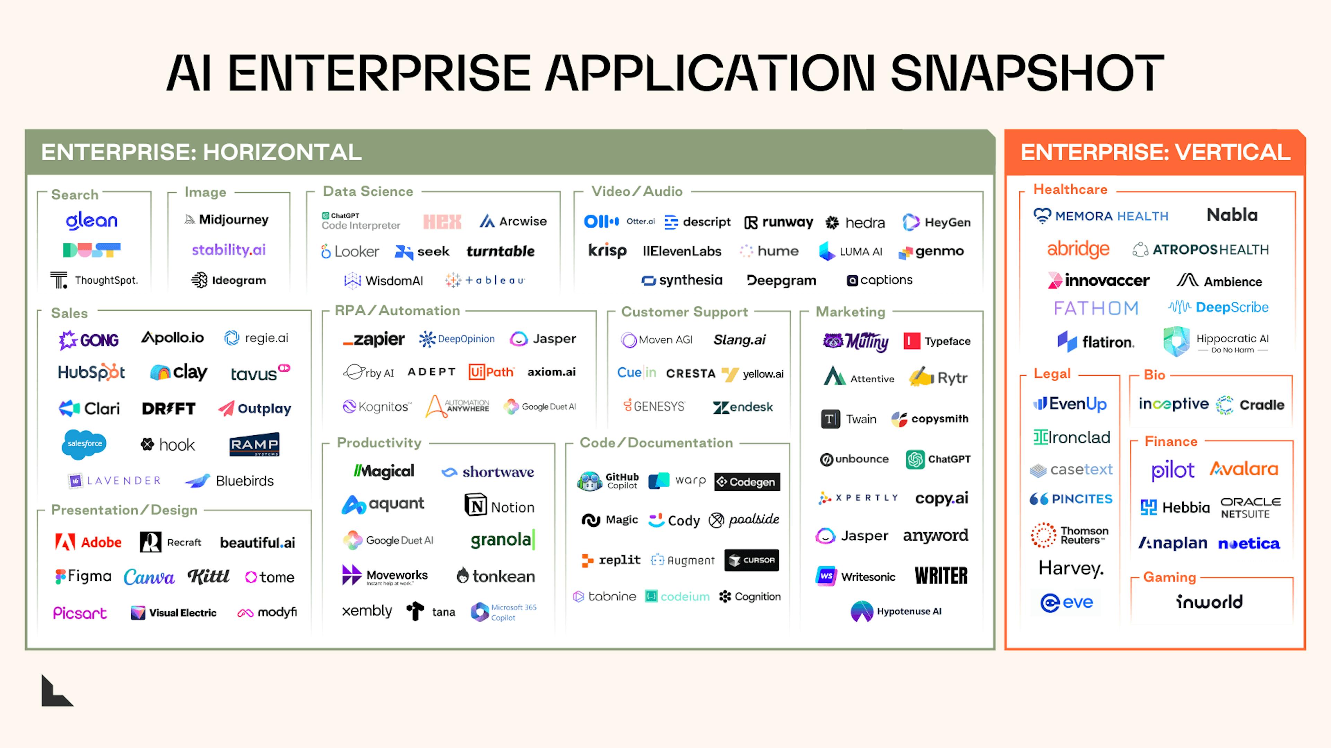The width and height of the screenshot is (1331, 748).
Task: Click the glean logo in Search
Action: click(x=92, y=221)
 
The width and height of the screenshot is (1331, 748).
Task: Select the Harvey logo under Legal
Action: click(x=1071, y=568)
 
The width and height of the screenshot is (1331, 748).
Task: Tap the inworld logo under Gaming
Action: click(x=1209, y=602)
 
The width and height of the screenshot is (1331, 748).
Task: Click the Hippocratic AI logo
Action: click(x=1215, y=342)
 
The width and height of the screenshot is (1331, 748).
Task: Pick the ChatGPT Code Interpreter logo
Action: click(x=360, y=221)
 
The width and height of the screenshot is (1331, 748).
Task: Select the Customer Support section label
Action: click(x=684, y=312)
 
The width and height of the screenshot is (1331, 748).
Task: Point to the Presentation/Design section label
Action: click(x=124, y=510)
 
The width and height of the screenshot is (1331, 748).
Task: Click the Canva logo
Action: click(x=149, y=577)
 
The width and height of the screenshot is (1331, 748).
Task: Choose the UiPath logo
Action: click(x=491, y=372)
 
